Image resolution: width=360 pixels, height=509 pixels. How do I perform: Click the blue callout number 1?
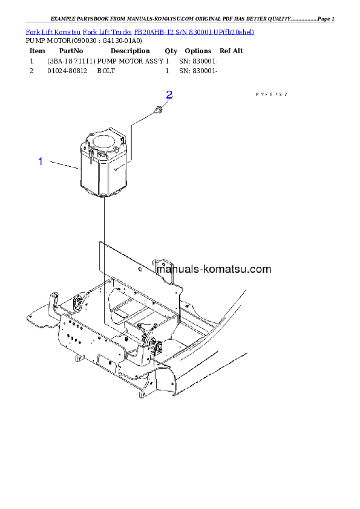(41, 161)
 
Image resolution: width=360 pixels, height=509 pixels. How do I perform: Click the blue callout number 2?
(169, 95)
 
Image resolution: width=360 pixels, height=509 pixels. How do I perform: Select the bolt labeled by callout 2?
(157, 110)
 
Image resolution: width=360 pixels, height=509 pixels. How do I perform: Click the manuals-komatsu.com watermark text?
(215, 270)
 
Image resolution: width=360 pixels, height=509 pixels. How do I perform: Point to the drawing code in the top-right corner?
(271, 95)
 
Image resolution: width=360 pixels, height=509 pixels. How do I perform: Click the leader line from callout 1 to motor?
(64, 164)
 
